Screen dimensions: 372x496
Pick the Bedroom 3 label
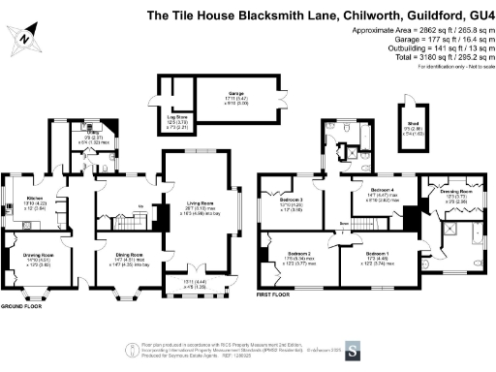tap(288, 201)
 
